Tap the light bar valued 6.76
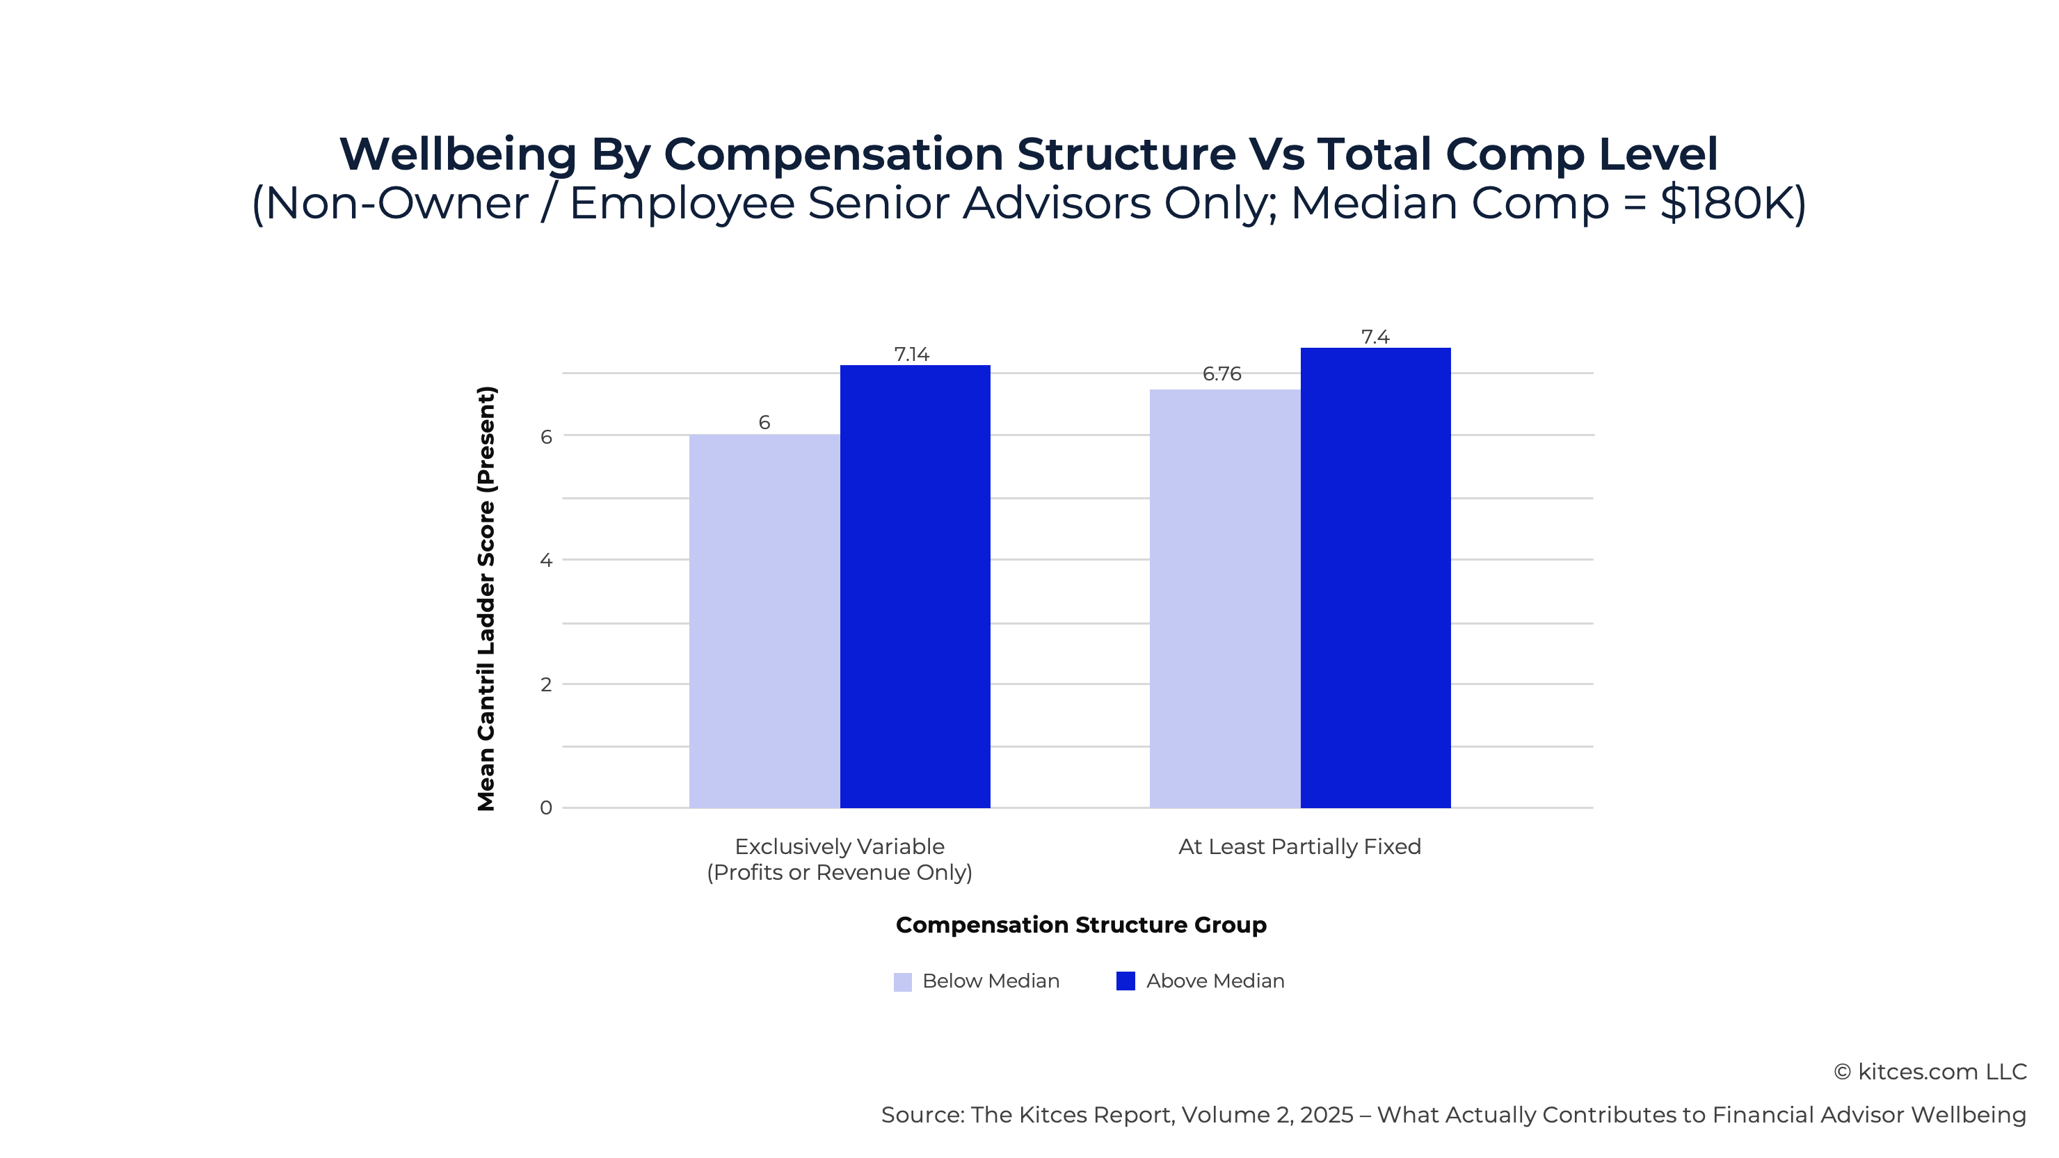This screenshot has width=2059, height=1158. pyautogui.click(x=1224, y=599)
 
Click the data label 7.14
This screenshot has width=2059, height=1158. pyautogui.click(x=911, y=354)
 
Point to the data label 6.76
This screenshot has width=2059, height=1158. pyautogui.click(x=1221, y=374)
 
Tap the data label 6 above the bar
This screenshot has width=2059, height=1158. pyautogui.click(x=764, y=422)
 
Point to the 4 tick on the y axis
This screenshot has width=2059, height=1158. pyautogui.click(x=546, y=560)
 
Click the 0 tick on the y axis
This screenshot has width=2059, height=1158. pyautogui.click(x=546, y=808)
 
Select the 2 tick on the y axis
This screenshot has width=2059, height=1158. pyautogui.click(x=546, y=684)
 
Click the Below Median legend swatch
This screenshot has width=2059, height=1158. pyautogui.click(x=902, y=981)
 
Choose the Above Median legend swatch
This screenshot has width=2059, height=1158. pyautogui.click(x=1125, y=981)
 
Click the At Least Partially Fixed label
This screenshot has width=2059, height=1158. pyautogui.click(x=1299, y=846)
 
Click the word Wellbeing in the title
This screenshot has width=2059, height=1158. pyautogui.click(x=457, y=154)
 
